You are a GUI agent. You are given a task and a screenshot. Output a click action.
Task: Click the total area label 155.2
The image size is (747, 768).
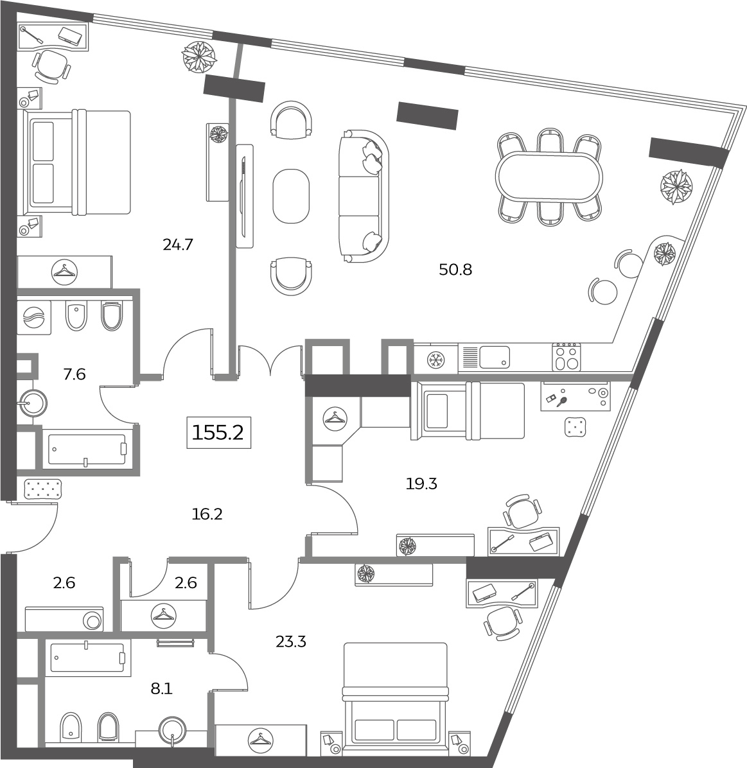tap(218, 433)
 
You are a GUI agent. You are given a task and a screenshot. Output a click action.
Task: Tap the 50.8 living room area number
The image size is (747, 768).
tap(455, 270)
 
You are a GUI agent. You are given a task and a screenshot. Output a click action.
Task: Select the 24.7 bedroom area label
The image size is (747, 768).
tap(178, 244)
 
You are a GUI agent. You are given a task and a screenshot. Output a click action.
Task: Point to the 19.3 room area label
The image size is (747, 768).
tap(421, 484)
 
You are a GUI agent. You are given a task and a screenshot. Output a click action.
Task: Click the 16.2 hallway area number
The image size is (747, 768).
tap(207, 514)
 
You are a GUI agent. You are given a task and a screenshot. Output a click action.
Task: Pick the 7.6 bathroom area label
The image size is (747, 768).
tap(75, 374)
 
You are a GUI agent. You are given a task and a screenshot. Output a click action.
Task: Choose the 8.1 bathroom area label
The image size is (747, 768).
tap(162, 688)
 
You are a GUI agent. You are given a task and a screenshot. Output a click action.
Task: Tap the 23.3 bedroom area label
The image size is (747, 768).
tap(291, 641)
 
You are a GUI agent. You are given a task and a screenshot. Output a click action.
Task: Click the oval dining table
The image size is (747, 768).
tap(549, 177)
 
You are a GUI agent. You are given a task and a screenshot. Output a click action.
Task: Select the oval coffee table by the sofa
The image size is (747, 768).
tap(291, 196)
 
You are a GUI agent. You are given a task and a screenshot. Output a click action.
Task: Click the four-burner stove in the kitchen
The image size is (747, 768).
tap(567, 356)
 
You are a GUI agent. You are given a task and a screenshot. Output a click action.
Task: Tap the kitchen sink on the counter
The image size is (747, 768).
tap(495, 357)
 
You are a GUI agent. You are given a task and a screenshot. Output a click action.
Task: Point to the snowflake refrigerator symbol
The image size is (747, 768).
tap(435, 360)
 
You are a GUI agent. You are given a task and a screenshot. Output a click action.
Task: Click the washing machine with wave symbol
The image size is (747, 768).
tap(34, 317)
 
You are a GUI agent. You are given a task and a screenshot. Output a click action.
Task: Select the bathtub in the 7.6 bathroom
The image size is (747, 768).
tap(87, 449)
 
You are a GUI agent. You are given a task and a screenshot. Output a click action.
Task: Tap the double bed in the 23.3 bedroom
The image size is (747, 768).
tap(395, 697)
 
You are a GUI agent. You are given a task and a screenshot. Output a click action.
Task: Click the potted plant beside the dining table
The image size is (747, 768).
tap(676, 187)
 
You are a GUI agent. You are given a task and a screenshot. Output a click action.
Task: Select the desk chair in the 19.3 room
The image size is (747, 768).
tap(522, 511)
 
